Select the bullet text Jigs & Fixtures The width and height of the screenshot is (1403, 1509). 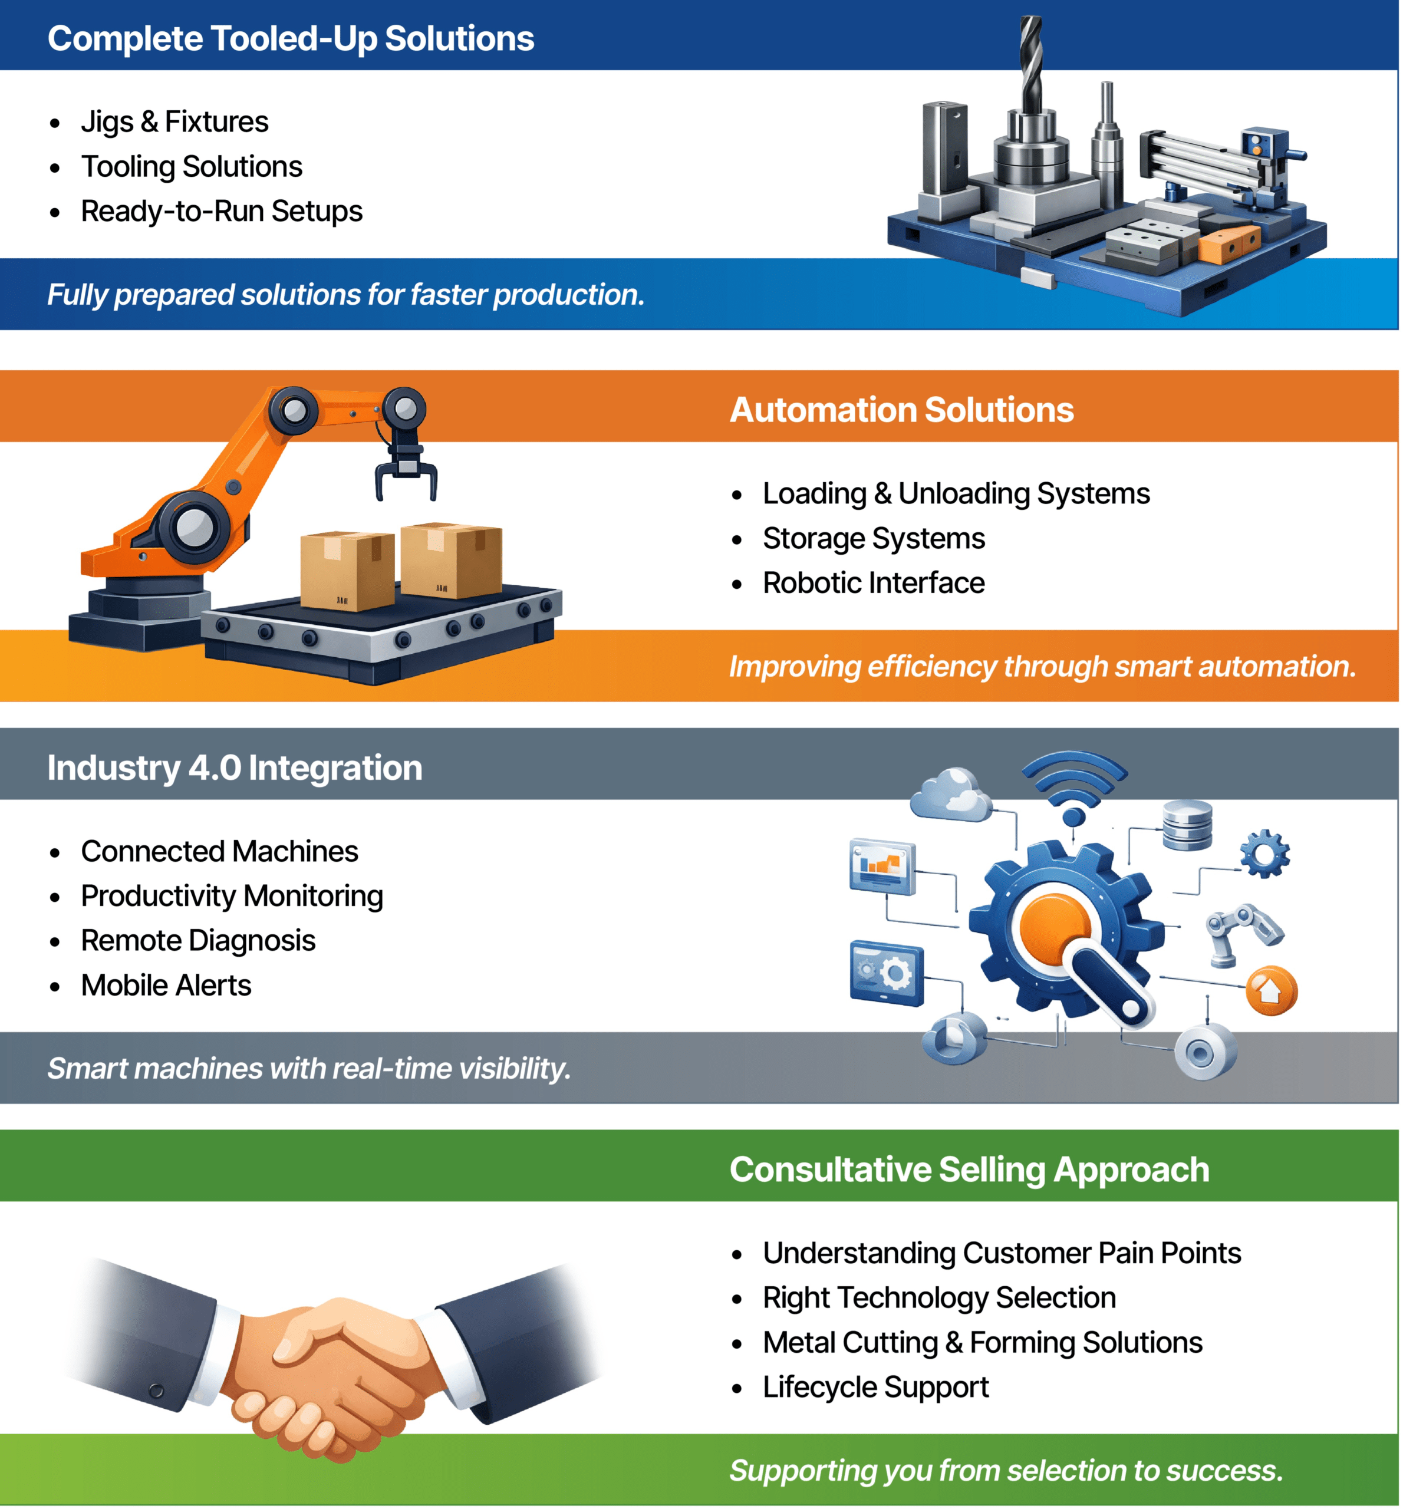click(174, 122)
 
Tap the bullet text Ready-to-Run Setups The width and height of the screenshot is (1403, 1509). click(222, 212)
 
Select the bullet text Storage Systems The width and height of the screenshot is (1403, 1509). click(874, 539)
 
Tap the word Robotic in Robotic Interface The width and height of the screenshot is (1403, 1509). click(812, 584)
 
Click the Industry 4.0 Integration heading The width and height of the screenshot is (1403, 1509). click(235, 768)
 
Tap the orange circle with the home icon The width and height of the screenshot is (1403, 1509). click(1272, 990)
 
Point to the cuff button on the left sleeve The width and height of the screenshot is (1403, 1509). click(156, 1391)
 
